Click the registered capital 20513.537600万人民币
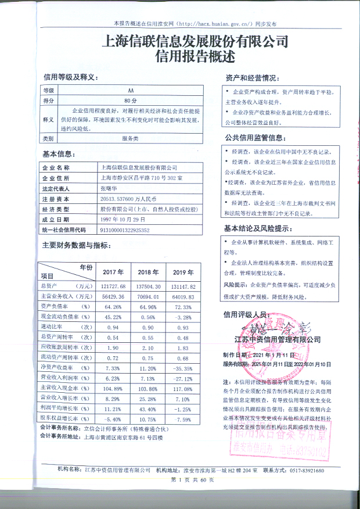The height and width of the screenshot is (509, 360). [x=134, y=199]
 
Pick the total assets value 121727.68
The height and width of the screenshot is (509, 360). [x=113, y=286]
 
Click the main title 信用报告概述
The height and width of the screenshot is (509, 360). [x=195, y=57]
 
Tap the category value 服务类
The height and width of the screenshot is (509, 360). [x=129, y=139]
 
